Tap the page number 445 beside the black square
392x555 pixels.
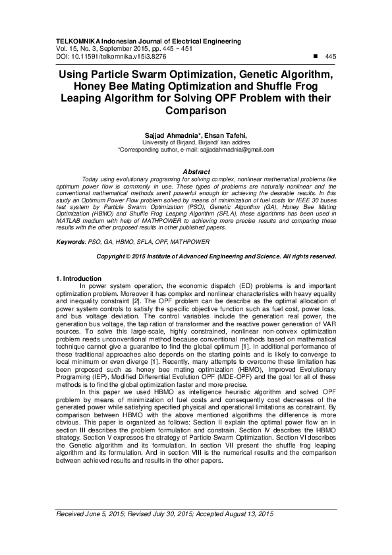331,57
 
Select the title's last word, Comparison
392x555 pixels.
196,110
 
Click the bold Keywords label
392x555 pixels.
71,243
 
